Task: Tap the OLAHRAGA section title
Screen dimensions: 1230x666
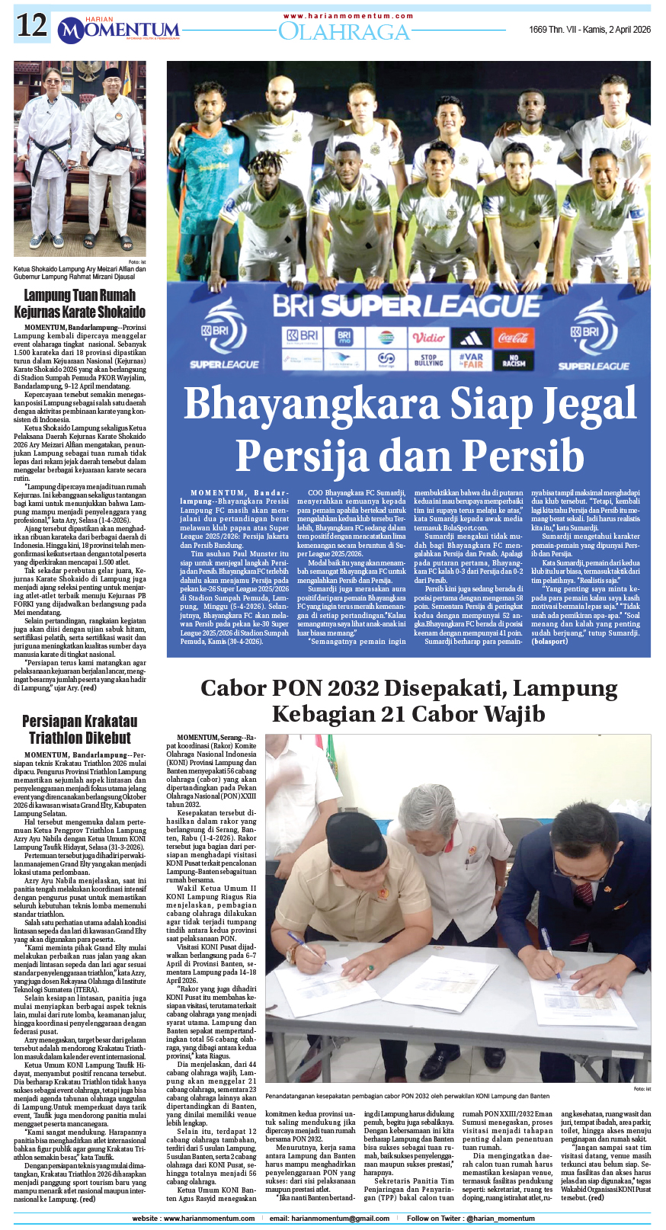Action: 344,31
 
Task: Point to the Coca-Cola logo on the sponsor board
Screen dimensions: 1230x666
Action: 514,337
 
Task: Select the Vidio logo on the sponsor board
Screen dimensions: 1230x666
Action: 428,337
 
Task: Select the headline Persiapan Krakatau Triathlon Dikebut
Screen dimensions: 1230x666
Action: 80,729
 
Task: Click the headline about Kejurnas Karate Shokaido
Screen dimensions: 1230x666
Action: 80,303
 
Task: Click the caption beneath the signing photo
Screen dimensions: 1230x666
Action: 407,1096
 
